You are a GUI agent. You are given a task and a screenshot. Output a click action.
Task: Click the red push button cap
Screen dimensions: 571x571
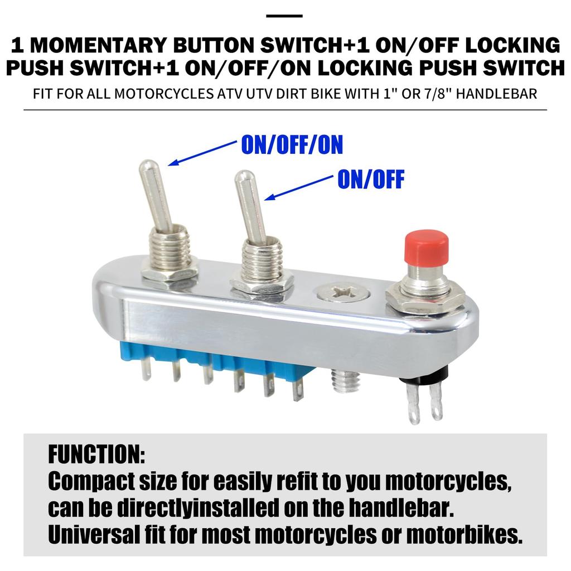tap(425, 249)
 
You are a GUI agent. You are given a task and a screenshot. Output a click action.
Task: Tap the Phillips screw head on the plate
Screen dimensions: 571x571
tap(343, 292)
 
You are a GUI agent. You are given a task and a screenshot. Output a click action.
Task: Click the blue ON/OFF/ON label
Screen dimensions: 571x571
tap(292, 145)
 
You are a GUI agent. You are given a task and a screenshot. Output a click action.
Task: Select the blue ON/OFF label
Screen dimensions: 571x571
tap(370, 180)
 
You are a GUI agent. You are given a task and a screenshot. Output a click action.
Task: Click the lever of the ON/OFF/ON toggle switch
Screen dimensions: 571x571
tap(156, 195)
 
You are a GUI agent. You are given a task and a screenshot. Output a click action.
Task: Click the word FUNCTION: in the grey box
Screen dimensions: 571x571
tap(96, 455)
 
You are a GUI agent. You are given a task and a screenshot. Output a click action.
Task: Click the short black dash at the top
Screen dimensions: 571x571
tap(284, 16)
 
